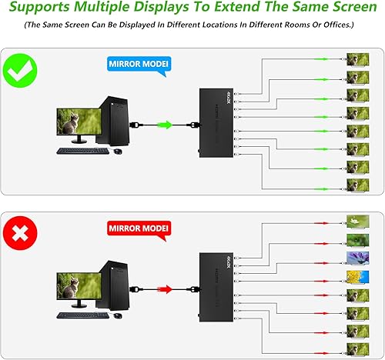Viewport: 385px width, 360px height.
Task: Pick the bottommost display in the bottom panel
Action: pyautogui.click(x=357, y=348)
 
